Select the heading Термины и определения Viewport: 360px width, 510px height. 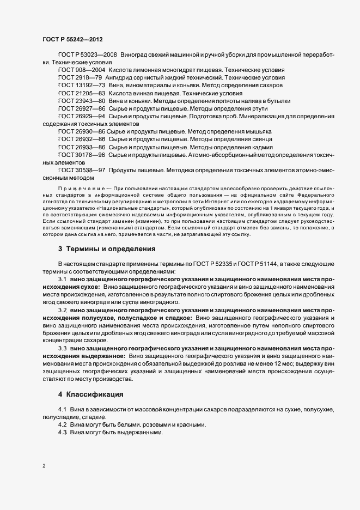tap(111, 249)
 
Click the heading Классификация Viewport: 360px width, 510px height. tap(95, 393)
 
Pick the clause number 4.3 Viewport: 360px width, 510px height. tap(63, 432)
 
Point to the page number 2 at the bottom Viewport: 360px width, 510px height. tap(44, 466)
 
